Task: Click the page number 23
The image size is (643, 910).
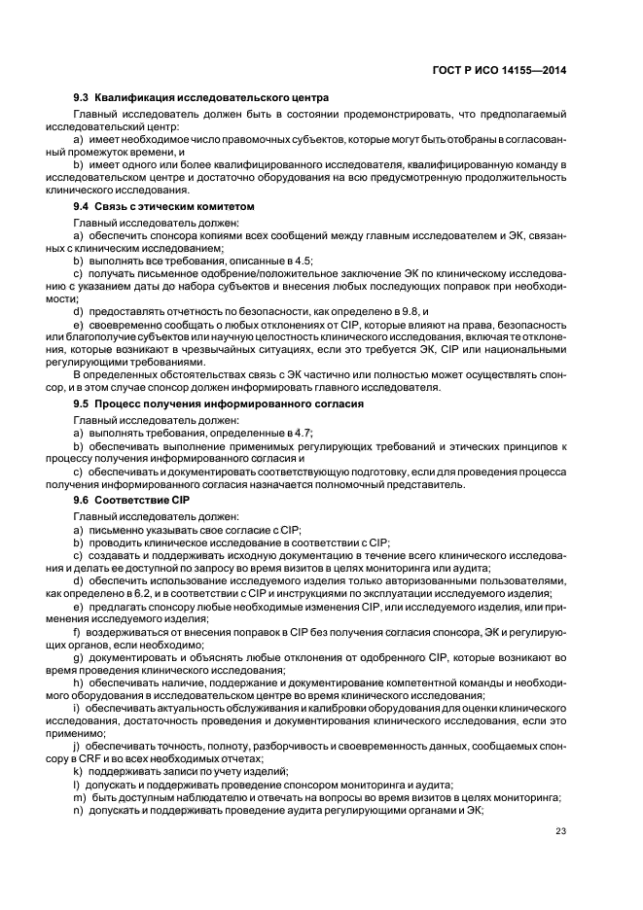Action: coord(561,830)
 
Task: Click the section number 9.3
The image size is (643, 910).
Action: coord(82,97)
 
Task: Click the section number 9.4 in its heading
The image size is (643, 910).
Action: coord(82,207)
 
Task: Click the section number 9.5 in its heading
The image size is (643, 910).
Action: coord(82,402)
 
